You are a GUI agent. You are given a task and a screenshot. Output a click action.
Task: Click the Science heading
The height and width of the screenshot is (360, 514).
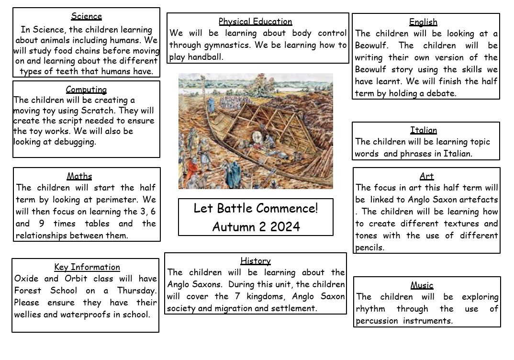click(x=86, y=17)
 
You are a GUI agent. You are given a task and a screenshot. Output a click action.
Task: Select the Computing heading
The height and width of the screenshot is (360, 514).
click(x=86, y=90)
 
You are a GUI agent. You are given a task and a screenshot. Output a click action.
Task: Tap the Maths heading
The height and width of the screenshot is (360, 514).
click(x=79, y=176)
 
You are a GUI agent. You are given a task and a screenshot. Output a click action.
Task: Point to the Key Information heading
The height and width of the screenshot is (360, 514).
click(x=87, y=267)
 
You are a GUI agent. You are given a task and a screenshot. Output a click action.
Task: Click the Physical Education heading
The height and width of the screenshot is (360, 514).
click(x=255, y=22)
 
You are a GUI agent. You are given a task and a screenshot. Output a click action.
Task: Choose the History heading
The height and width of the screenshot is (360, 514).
click(x=255, y=261)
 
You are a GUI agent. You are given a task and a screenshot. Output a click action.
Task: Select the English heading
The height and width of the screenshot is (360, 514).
click(x=423, y=22)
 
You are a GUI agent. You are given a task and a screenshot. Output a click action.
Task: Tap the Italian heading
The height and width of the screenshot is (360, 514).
click(x=424, y=130)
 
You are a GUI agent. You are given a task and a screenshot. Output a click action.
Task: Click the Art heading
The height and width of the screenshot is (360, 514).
click(x=426, y=176)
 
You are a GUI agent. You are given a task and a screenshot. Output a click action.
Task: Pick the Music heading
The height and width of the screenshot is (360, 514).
click(x=422, y=285)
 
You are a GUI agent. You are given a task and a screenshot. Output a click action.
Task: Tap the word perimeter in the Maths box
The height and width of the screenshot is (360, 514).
click(x=122, y=200)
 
